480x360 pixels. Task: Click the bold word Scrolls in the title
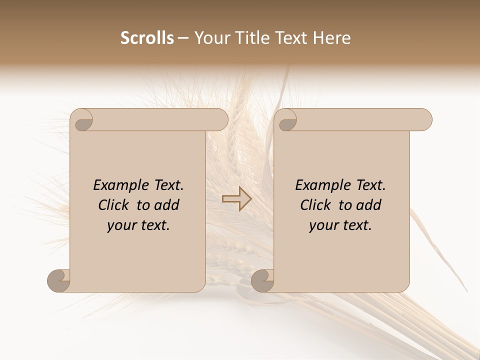click(x=147, y=38)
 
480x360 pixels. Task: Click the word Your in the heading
click(x=211, y=38)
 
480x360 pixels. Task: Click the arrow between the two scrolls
click(x=236, y=198)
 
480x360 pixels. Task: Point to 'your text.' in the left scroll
click(x=138, y=225)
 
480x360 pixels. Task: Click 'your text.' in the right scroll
click(x=340, y=225)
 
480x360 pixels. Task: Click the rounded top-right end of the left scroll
click(x=220, y=120)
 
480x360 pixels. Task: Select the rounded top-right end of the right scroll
click(x=424, y=120)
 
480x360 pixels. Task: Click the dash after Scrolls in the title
click(x=183, y=38)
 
